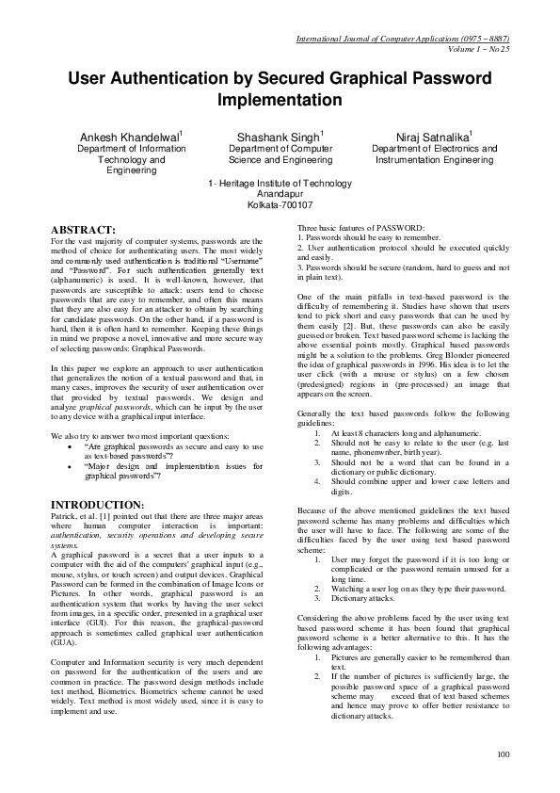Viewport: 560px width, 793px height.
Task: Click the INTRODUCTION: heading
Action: pyautogui.click(x=96, y=506)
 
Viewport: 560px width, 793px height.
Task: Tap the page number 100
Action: pyautogui.click(x=504, y=753)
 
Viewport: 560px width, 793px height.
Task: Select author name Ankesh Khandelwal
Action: pyautogui.click(x=131, y=137)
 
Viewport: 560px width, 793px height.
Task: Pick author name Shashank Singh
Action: pyautogui.click(x=280, y=137)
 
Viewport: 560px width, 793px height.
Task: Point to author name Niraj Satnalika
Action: pyautogui.click(x=433, y=137)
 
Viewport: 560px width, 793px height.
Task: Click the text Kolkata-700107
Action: pyautogui.click(x=280, y=204)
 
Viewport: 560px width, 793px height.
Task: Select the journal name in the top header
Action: pyautogui.click(x=403, y=39)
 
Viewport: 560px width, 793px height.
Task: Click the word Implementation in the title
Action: pyautogui.click(x=280, y=98)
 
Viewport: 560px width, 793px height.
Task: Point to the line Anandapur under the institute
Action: pyautogui.click(x=280, y=193)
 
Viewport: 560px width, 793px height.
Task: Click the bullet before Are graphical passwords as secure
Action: pyautogui.click(x=72, y=448)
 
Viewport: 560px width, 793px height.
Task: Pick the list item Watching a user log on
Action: pyautogui.click(x=406, y=588)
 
